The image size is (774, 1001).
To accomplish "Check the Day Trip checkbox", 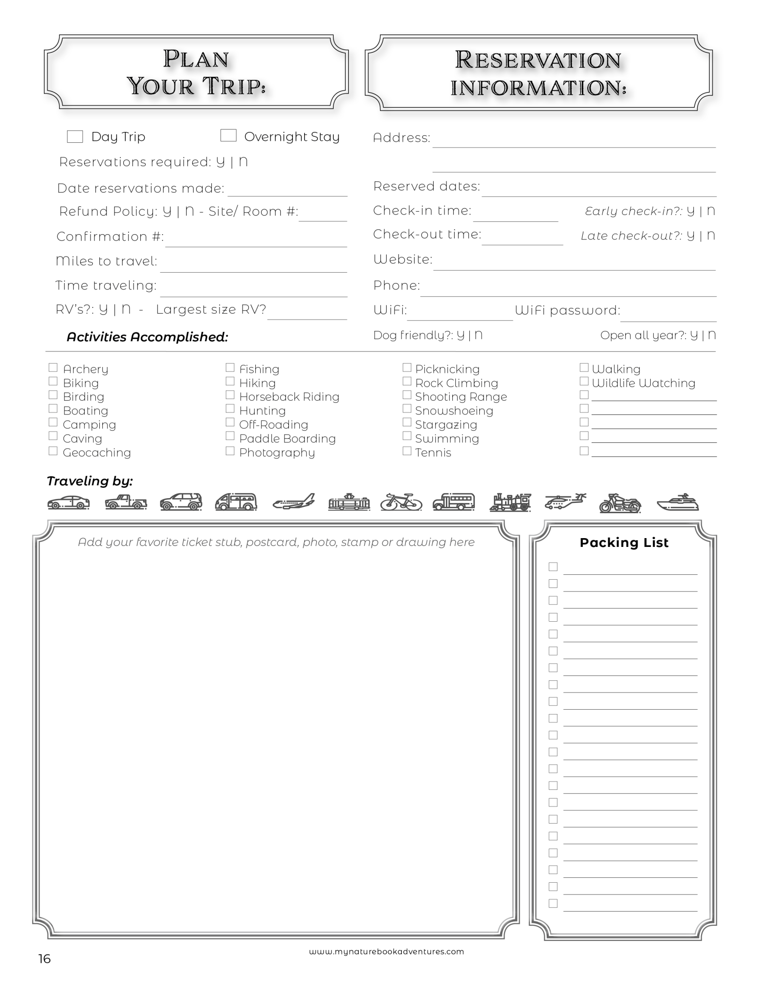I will (75, 136).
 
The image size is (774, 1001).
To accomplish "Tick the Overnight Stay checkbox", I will (228, 135).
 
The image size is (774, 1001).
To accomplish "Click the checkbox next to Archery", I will (53, 368).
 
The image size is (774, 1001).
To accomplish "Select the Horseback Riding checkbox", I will (230, 395).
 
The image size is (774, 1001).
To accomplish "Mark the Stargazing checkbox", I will (407, 422).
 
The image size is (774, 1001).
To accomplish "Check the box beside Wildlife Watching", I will (584, 381).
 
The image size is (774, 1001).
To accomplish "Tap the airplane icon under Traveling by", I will (294, 502).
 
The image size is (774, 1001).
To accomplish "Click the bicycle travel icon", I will (401, 502).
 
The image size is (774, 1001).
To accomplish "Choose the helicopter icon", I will (565, 501).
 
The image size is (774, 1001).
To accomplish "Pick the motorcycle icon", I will (620, 503).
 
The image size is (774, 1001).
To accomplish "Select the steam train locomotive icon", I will (510, 502).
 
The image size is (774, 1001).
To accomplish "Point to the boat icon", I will (678, 502).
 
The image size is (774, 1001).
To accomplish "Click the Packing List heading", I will (624, 543).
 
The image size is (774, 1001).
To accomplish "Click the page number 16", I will (44, 959).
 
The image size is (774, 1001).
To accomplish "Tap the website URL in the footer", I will (386, 952).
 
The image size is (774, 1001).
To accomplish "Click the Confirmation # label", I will (110, 237).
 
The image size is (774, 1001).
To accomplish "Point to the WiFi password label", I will (567, 310).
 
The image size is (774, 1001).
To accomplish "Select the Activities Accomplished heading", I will (147, 337).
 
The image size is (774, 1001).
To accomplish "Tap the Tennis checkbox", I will (407, 451).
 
